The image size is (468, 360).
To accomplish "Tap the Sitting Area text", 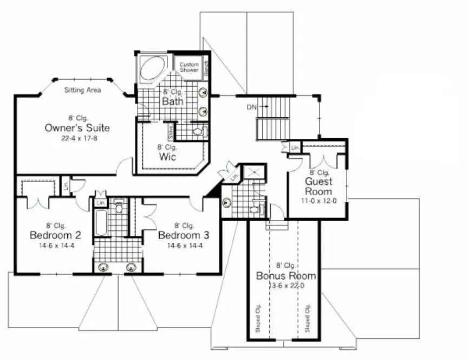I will (x=82, y=90).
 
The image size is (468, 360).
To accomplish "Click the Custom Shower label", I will (x=189, y=67).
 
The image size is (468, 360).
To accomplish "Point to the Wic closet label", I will (x=166, y=157).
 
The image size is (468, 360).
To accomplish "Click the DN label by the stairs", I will (x=251, y=107).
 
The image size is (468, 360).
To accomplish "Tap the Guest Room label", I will (x=318, y=187).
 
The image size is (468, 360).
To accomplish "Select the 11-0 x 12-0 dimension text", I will (x=318, y=201).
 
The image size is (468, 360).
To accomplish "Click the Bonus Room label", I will (x=285, y=276).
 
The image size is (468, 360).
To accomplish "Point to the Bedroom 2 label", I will (x=55, y=235).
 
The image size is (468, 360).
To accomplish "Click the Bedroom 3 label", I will (x=184, y=235).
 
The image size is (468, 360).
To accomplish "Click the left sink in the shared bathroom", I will (x=104, y=267).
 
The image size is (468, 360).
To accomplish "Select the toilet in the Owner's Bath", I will (x=198, y=131).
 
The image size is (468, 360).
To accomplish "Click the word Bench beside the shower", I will (x=207, y=67).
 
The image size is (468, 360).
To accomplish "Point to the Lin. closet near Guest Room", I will (x=295, y=148).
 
